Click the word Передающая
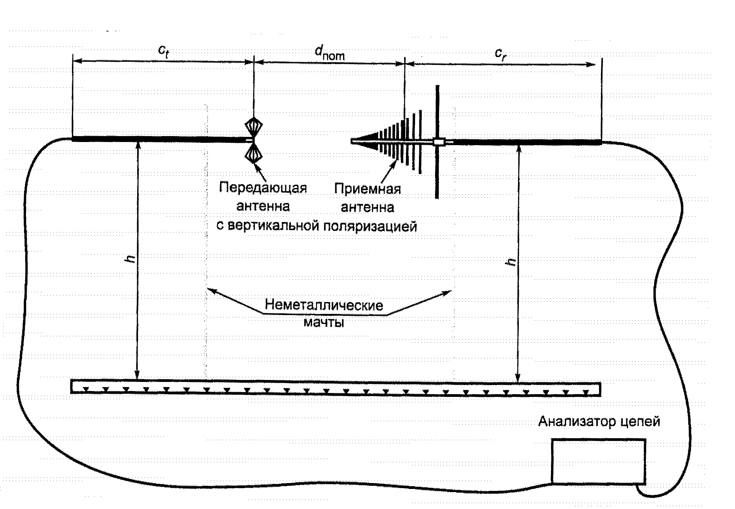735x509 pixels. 263,188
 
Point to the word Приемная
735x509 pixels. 367,189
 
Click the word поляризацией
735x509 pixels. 370,226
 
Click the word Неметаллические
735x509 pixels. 324,305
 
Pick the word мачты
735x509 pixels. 324,323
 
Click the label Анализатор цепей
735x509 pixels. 599,422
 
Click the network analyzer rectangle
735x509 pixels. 598,461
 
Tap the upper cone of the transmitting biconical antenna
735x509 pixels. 254,127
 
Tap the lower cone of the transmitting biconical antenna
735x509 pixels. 254,153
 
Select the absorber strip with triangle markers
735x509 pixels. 335,387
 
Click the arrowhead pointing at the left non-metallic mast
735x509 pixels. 210,290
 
